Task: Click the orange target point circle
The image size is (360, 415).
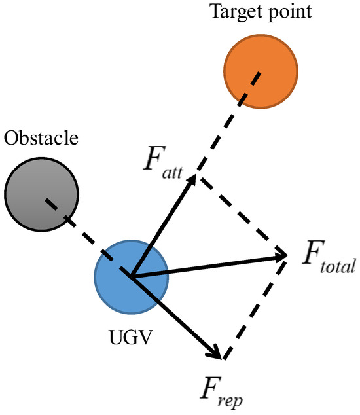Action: (261, 69)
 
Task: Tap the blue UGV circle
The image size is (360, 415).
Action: (131, 276)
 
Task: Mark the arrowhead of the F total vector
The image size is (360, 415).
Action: (281, 255)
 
